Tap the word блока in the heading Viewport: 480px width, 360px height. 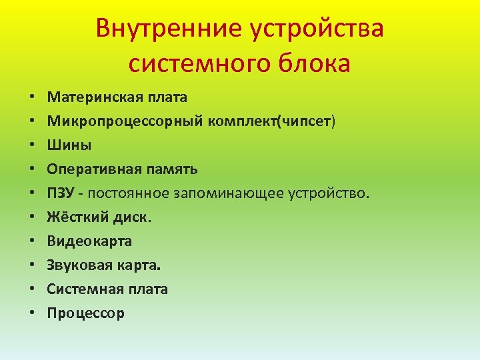317,63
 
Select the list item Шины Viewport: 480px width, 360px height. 69,145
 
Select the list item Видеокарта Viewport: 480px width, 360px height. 89,241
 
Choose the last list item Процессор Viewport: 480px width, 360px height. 85,313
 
